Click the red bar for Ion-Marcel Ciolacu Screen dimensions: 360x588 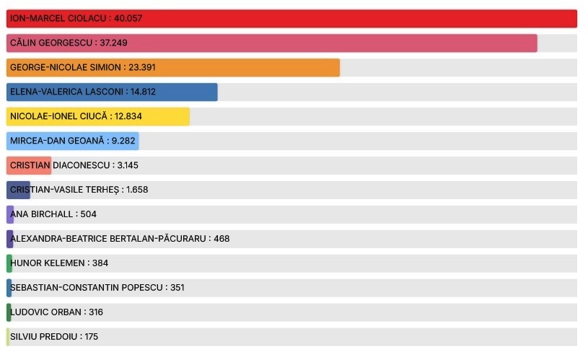tap(361, 19)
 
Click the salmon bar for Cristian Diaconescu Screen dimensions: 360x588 tap(29, 166)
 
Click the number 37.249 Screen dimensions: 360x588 tap(113, 43)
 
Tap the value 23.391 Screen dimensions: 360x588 tap(142, 68)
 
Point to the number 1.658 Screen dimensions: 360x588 tap(137, 190)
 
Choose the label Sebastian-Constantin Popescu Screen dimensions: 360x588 tap(87, 288)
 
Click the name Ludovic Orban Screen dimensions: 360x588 tap(45, 312)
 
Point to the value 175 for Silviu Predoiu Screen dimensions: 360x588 tap(91, 337)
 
